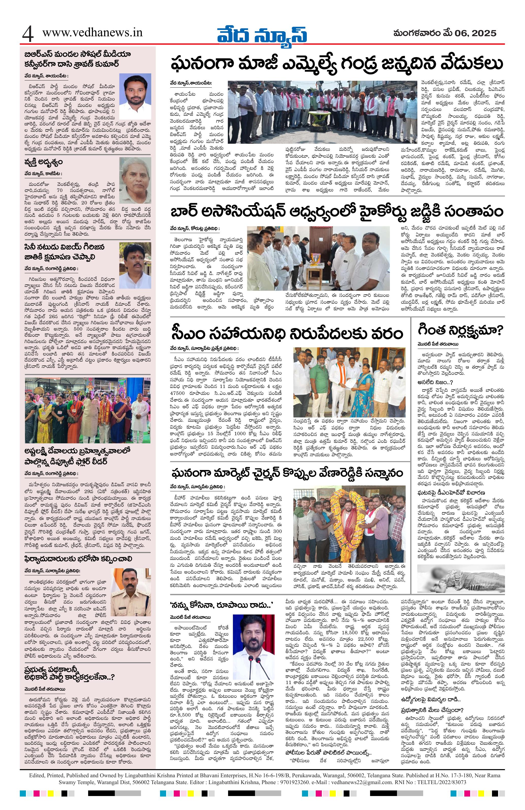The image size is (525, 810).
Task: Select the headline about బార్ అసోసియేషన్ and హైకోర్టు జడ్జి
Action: pyautogui.click(x=337, y=211)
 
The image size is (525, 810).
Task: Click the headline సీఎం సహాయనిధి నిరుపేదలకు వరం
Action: pyautogui.click(x=288, y=333)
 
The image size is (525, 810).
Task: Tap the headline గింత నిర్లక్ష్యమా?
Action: pyautogui.click(x=457, y=330)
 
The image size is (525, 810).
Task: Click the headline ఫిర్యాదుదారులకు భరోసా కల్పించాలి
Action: pyautogui.click(x=78, y=559)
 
